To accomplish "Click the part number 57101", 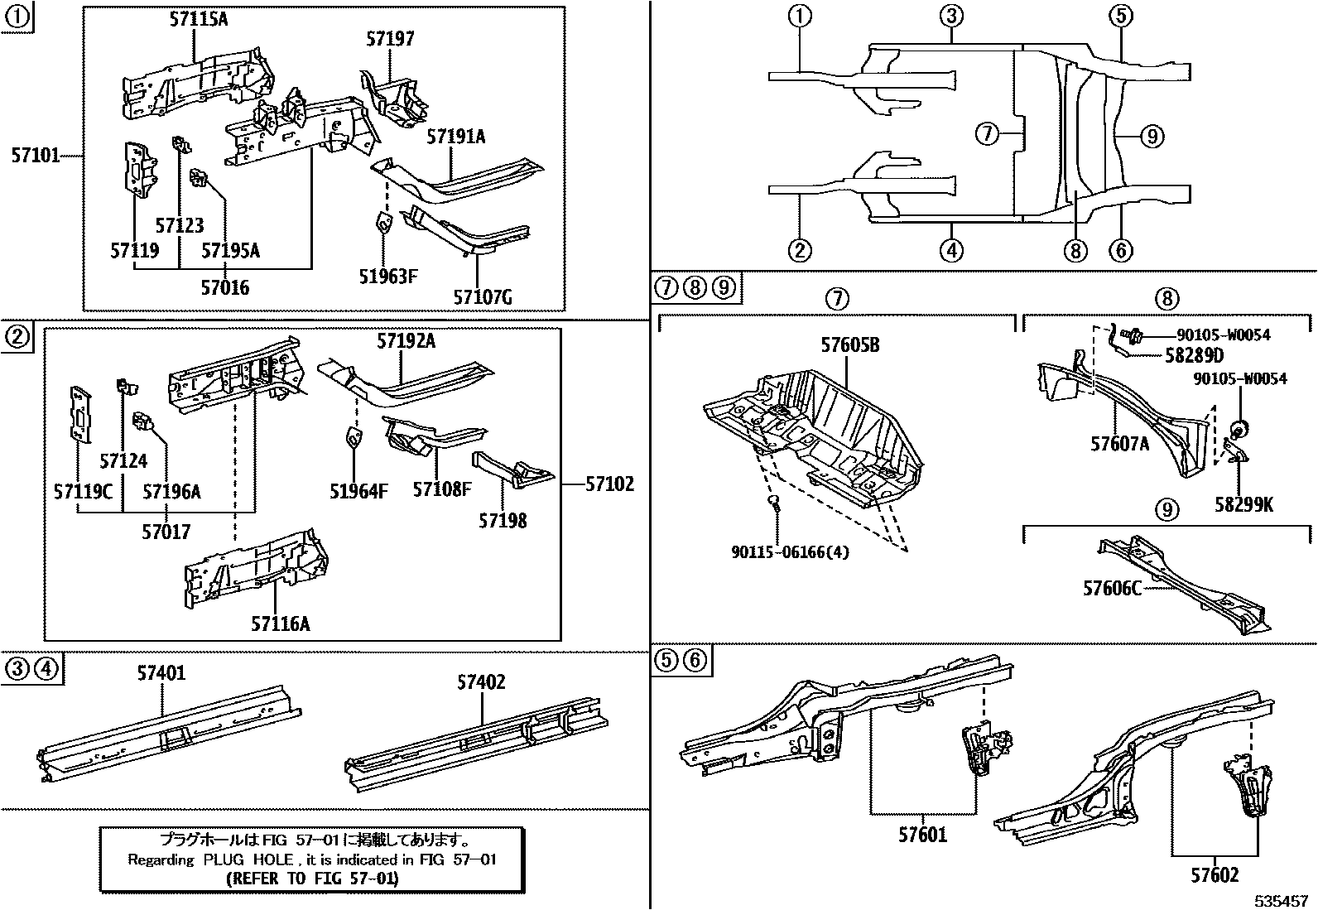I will coord(35,154).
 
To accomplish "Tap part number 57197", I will coord(389,38).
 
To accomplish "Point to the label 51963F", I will coord(386,276).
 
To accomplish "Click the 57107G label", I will coord(483,296).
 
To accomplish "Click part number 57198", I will coord(503,521).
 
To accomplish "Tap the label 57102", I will coord(609,484).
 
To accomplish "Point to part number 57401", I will coord(161,673).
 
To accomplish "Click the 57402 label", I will coord(481,682).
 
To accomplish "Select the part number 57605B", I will coord(850,344).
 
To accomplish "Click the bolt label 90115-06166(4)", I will coord(791,551).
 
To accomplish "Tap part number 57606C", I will coord(1113,588).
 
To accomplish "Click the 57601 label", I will coord(922,835).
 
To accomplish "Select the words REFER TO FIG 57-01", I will coord(312,879).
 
